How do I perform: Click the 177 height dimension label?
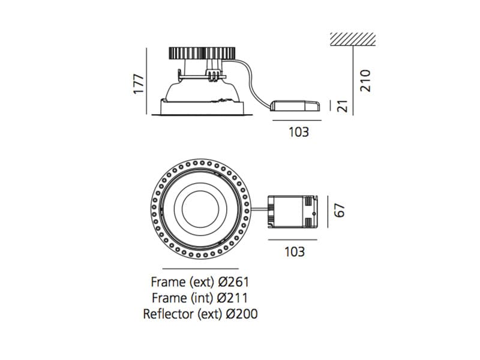pos(139,83)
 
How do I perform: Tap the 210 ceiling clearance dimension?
pos(365,81)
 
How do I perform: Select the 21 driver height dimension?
pos(343,106)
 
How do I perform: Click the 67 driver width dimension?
pos(339,211)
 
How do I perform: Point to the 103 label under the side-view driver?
pos(299,132)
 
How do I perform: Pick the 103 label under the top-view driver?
pos(295,251)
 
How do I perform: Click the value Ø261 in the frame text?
pos(233,282)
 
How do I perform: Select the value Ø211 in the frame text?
pos(232,298)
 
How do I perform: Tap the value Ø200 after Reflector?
pos(242,314)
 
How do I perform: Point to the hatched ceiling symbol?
pos(353,39)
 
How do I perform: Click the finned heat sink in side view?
pos(202,53)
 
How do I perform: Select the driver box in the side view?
pos(295,106)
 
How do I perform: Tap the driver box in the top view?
pos(293,212)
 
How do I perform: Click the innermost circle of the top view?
pos(200,209)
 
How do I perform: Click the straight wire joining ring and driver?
pos(259,209)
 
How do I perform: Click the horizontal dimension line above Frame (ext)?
pos(200,269)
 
